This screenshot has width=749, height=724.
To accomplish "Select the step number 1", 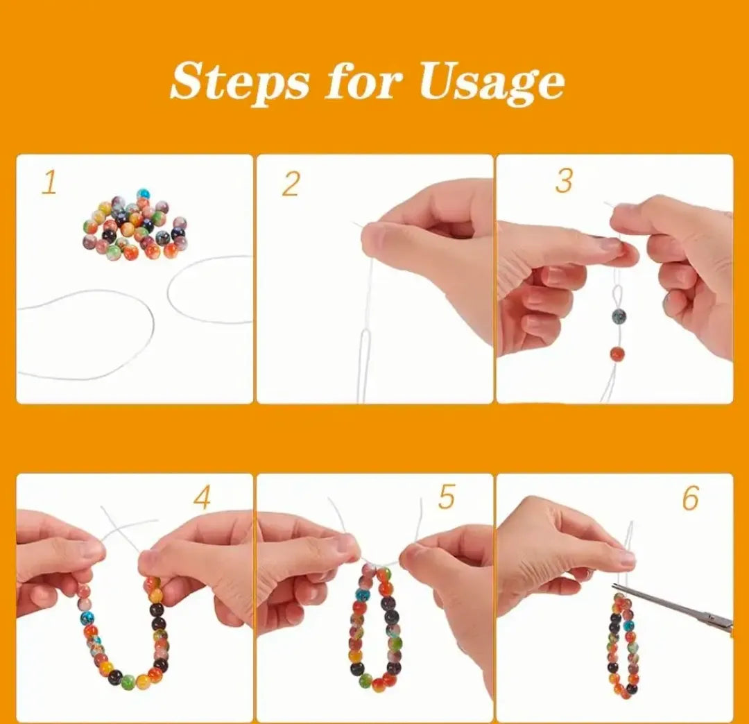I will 49,183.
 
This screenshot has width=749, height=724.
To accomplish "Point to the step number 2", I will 291,184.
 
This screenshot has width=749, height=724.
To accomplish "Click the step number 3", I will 564,181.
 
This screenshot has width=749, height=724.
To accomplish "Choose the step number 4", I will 202,498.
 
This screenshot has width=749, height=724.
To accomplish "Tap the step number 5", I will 446,497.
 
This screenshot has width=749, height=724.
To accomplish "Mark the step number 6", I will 690,498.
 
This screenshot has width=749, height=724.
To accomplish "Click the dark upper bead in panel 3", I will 619,316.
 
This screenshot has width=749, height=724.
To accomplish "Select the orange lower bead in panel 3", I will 617,354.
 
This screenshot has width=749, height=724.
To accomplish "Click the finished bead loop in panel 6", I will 622,645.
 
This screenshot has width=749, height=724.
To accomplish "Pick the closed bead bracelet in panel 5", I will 375,628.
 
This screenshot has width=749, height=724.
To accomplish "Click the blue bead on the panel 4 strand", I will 87,617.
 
